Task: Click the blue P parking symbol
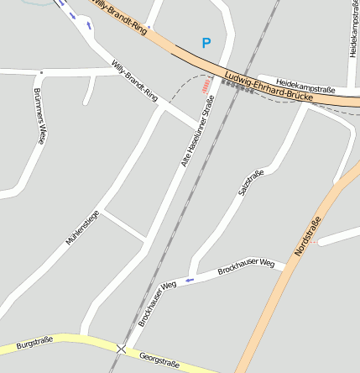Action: [206, 42]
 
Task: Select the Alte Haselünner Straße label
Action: [198, 131]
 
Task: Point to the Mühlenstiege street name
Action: [82, 228]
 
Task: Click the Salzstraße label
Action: [251, 183]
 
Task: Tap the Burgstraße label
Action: [34, 342]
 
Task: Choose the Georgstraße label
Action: [159, 360]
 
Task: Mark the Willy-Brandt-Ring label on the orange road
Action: [122, 17]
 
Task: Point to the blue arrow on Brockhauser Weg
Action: [189, 279]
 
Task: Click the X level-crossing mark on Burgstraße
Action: [122, 348]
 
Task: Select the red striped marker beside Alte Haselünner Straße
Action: [206, 86]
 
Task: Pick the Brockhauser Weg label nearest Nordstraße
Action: [246, 267]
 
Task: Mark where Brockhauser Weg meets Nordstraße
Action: [286, 267]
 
